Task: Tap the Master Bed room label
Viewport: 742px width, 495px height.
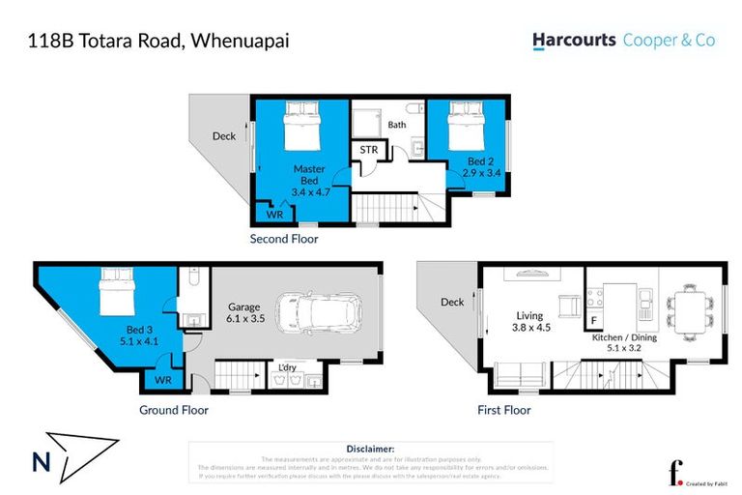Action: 310,174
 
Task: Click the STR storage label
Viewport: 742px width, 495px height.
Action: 368,150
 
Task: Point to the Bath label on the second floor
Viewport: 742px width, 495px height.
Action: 397,125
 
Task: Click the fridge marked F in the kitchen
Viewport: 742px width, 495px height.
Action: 594,318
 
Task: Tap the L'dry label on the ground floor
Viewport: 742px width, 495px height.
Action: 287,367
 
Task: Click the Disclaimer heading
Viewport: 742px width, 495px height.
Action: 370,449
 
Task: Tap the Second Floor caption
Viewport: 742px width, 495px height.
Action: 284,238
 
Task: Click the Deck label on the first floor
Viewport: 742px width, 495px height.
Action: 452,303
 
